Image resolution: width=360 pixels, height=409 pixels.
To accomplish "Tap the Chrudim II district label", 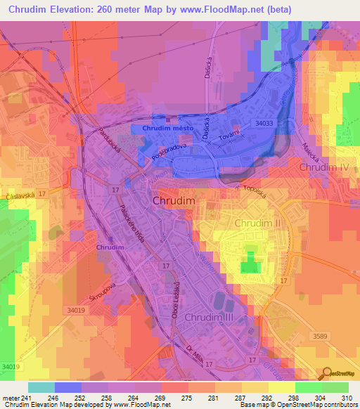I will pyautogui.click(x=257, y=223).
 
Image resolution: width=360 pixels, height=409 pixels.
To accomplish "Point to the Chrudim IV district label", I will pyautogui.click(x=323, y=169).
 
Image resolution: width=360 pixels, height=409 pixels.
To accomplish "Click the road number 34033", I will pyautogui.click(x=264, y=123).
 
